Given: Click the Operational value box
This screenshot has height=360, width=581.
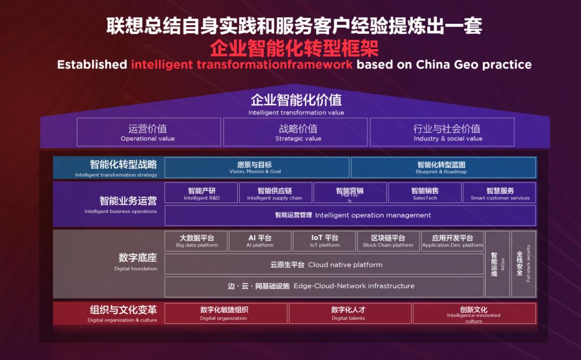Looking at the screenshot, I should click(148, 132).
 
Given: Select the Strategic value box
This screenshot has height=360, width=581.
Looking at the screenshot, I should click(295, 132).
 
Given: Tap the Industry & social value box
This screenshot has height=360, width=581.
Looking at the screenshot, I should click(442, 132).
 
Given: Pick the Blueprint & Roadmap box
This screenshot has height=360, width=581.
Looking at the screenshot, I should click(443, 167).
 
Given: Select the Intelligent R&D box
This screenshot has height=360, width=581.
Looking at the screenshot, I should click(202, 193).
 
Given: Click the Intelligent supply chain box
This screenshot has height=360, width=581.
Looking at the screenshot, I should click(275, 193).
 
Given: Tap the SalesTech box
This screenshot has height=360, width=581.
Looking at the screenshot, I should click(424, 193).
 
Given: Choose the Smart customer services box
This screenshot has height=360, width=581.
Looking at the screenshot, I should click(499, 193).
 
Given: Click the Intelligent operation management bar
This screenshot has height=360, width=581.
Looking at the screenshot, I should click(350, 215).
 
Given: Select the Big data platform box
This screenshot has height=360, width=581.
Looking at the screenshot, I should click(196, 241).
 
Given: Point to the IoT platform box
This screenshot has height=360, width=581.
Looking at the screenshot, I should click(324, 241).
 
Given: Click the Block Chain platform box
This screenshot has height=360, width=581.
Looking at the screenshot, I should click(388, 241).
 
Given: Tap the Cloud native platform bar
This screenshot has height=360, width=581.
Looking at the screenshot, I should click(324, 265).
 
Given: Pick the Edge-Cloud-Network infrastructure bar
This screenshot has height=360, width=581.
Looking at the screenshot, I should click(324, 286).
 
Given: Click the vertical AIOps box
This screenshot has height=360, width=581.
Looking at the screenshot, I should click(497, 264).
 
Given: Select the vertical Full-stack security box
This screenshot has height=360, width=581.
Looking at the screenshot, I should click(523, 264).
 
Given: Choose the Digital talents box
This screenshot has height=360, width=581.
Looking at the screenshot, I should click(350, 314).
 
